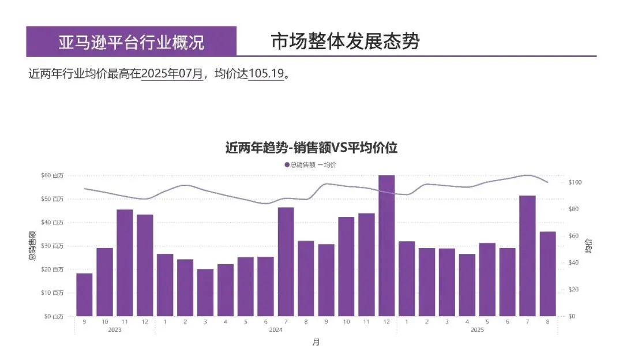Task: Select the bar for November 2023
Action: [125, 262]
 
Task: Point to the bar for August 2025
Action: [547, 273]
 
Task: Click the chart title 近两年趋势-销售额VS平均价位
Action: [311, 148]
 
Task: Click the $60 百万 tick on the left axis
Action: [52, 175]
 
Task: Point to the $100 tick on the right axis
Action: [575, 182]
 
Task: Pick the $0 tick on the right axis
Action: [572, 316]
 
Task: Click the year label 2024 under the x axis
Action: [276, 330]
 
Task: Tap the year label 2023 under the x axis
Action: [114, 330]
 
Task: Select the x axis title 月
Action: [316, 342]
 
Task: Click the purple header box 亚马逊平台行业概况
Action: [132, 42]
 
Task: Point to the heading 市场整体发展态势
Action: [345, 42]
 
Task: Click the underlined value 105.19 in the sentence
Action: [266, 74]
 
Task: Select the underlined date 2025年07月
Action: [172, 74]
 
